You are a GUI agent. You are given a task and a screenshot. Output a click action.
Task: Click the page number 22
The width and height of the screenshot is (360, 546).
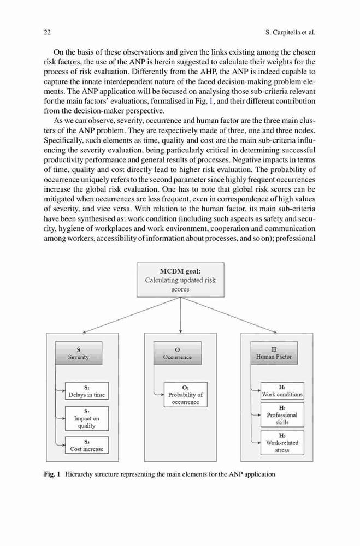click(48, 33)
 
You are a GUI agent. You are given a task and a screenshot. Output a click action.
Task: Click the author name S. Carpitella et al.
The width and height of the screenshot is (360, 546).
click(290, 33)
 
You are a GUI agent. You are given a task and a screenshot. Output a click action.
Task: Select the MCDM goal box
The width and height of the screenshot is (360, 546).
click(180, 280)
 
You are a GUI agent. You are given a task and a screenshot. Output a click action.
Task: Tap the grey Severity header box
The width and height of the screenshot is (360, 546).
click(79, 353)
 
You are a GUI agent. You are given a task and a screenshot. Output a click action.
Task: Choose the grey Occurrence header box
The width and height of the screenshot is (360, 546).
click(178, 353)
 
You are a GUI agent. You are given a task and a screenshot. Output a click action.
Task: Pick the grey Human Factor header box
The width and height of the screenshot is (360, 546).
click(274, 353)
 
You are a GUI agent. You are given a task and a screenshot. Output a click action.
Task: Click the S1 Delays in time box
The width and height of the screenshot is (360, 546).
click(87, 391)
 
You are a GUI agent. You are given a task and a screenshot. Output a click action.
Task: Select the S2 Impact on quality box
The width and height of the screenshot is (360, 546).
click(87, 419)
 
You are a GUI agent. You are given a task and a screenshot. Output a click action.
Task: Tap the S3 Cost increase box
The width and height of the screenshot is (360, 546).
click(87, 446)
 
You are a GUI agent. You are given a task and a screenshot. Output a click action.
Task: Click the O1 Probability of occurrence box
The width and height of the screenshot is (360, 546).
click(186, 395)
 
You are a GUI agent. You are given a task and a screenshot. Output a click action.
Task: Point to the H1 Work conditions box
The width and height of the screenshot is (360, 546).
click(282, 391)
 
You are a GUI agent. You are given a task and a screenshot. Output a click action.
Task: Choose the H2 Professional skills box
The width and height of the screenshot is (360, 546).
click(282, 415)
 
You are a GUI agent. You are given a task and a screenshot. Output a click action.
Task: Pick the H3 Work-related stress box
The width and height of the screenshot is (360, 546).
click(282, 443)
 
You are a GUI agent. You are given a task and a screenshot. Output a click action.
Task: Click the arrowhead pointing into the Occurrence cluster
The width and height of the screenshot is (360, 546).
click(180, 331)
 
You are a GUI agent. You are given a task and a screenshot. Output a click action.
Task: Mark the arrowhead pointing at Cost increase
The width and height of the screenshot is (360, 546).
click(63, 445)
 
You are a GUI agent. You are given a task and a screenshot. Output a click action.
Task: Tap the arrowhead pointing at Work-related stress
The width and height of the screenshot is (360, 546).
click(259, 443)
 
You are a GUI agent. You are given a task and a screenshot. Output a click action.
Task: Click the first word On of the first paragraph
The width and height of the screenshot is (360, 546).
click(58, 52)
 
